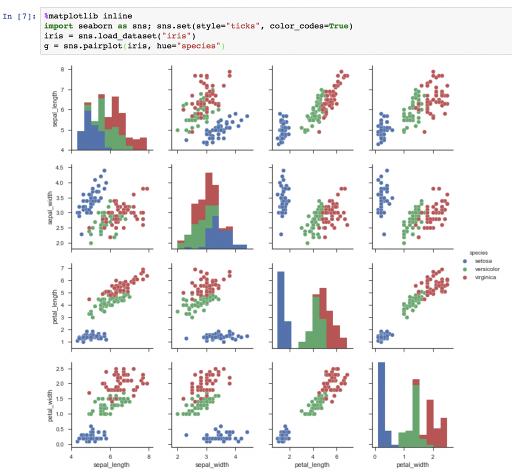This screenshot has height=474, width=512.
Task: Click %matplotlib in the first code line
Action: [x=67, y=16]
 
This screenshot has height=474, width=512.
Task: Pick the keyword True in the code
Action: [x=338, y=25]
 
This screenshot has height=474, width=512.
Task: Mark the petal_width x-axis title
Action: [x=409, y=464]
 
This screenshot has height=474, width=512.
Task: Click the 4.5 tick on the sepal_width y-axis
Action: [x=60, y=167]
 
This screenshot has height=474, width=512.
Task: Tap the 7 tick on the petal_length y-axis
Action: [x=63, y=268]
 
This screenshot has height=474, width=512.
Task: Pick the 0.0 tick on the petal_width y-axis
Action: [x=60, y=444]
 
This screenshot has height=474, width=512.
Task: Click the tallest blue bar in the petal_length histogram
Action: [x=280, y=310]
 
